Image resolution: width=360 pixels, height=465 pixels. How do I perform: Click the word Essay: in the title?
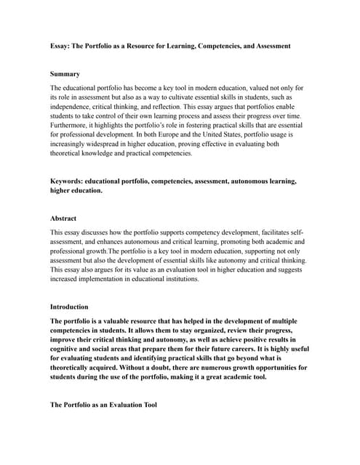click(62, 46)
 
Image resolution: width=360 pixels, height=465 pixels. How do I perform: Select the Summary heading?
click(65, 74)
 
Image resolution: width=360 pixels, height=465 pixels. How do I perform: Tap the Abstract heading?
click(63, 218)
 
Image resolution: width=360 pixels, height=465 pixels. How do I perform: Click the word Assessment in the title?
click(268, 46)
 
